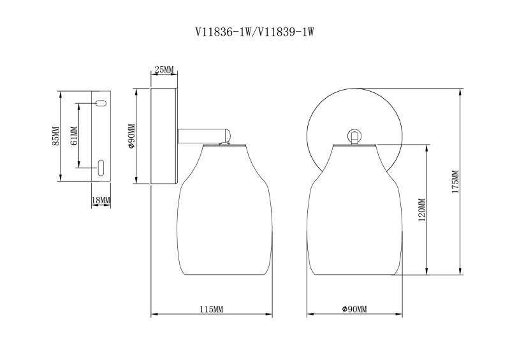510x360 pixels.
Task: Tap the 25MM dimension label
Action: click(164, 69)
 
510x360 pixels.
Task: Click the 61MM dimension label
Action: click(73, 136)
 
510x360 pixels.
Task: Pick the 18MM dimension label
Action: click(101, 200)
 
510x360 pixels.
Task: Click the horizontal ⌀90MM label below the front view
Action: click(354, 309)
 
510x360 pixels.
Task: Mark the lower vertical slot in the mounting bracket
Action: click(101, 168)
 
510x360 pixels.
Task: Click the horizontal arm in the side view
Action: click(204, 136)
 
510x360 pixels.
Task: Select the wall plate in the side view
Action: click(164, 136)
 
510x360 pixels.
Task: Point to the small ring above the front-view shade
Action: click(354, 135)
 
